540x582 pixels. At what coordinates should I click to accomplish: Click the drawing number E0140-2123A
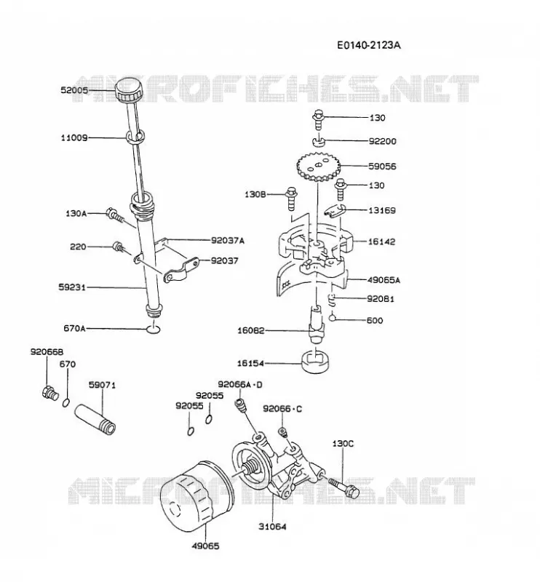[369, 45]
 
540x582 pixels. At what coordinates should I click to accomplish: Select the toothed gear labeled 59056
[319, 167]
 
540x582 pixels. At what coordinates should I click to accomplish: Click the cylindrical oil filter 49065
[196, 496]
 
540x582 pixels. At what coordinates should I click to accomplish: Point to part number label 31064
[272, 526]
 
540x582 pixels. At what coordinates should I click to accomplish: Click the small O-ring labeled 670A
[153, 329]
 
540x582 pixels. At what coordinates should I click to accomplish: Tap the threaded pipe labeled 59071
[96, 419]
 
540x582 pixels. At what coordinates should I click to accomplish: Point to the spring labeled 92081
[333, 300]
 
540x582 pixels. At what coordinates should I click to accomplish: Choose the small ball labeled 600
[333, 318]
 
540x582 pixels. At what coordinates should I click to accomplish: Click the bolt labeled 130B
[291, 198]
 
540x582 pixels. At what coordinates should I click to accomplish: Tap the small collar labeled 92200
[318, 141]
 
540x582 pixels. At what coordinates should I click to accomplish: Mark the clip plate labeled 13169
[335, 210]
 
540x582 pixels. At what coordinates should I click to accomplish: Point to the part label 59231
[72, 287]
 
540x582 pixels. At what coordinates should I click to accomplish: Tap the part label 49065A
[384, 280]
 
